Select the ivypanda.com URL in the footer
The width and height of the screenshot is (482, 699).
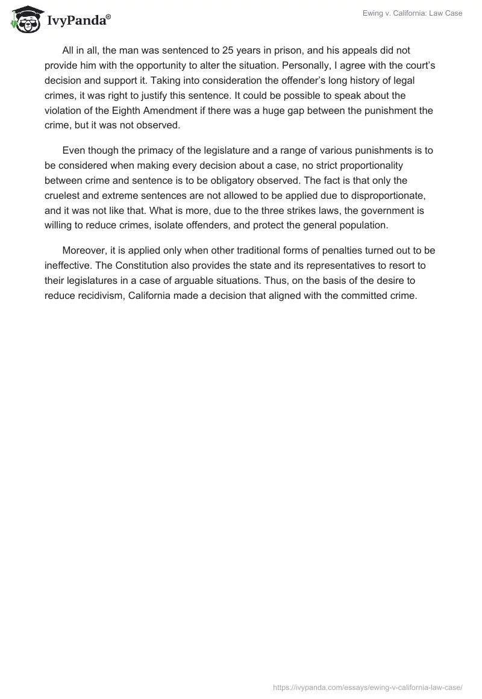(x=368, y=686)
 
